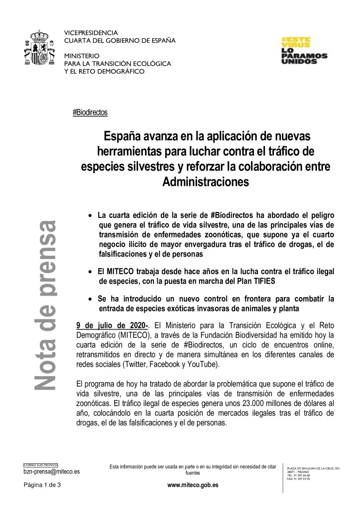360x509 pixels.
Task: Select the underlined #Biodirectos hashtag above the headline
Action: pyautogui.click(x=90, y=112)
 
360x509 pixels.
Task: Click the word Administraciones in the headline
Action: pyautogui.click(x=205, y=182)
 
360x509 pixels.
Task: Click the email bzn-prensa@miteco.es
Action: pyautogui.click(x=52, y=472)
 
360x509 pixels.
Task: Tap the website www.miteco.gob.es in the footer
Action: pyautogui.click(x=193, y=485)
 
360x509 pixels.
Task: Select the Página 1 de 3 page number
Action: pyautogui.click(x=43, y=485)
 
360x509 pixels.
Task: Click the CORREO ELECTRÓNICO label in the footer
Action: pyautogui.click(x=40, y=465)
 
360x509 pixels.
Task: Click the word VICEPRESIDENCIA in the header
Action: pyautogui.click(x=91, y=33)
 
